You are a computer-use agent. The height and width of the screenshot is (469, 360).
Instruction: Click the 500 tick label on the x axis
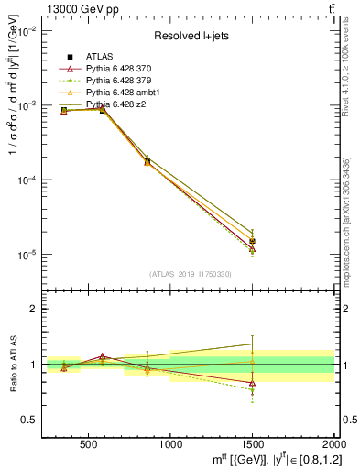pos(89,444)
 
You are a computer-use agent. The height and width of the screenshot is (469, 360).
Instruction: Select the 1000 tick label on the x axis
pos(170,444)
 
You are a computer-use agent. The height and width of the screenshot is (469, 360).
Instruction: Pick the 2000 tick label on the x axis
pos(332,444)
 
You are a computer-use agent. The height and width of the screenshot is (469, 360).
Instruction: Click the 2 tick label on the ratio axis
pos(33,309)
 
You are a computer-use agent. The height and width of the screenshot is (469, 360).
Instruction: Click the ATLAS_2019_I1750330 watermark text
pos(191,274)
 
